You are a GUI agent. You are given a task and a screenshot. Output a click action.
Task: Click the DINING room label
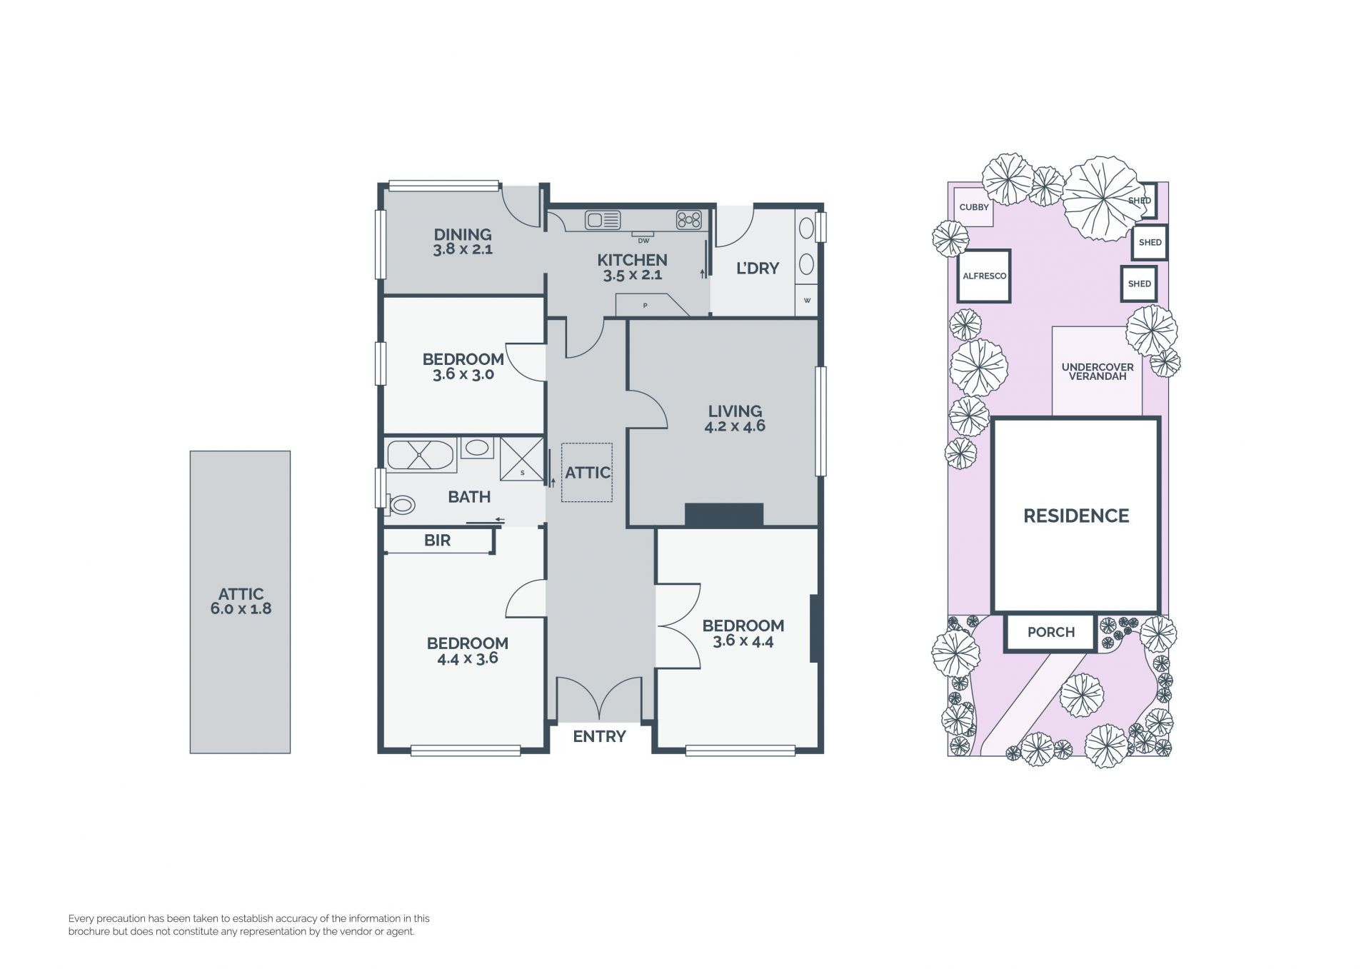coord(463,234)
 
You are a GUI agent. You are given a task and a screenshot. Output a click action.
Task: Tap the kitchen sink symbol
coord(603,220)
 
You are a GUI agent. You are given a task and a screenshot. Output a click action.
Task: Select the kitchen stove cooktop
coord(689,220)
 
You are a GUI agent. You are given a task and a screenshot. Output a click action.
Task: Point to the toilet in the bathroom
coord(400,505)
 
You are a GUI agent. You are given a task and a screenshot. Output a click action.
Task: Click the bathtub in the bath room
coord(421,456)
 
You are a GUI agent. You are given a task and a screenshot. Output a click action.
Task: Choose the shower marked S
coord(521,458)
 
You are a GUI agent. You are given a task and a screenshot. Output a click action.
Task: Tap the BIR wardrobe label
coord(437,541)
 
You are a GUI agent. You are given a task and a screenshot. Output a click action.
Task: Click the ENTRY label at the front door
coord(599,736)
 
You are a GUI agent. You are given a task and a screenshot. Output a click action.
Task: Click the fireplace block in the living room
coord(724,515)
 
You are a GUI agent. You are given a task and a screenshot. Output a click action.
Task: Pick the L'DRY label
coord(758,268)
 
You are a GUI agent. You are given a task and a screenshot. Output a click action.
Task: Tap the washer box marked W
coord(807,300)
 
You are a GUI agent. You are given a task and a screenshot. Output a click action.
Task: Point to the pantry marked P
coord(651,305)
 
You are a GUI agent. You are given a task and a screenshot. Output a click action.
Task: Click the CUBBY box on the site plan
coord(974,207)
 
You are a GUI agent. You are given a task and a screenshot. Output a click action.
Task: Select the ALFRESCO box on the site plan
coord(984,276)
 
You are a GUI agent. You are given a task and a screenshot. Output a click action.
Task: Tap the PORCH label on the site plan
coord(1051,632)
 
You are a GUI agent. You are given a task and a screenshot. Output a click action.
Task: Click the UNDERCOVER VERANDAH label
coord(1098,371)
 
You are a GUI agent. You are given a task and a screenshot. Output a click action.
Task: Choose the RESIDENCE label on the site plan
coord(1076,516)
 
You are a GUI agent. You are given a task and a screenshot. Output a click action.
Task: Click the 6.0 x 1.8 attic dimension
coord(241,609)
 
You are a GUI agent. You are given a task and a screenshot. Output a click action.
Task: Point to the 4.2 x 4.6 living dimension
coord(735,426)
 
